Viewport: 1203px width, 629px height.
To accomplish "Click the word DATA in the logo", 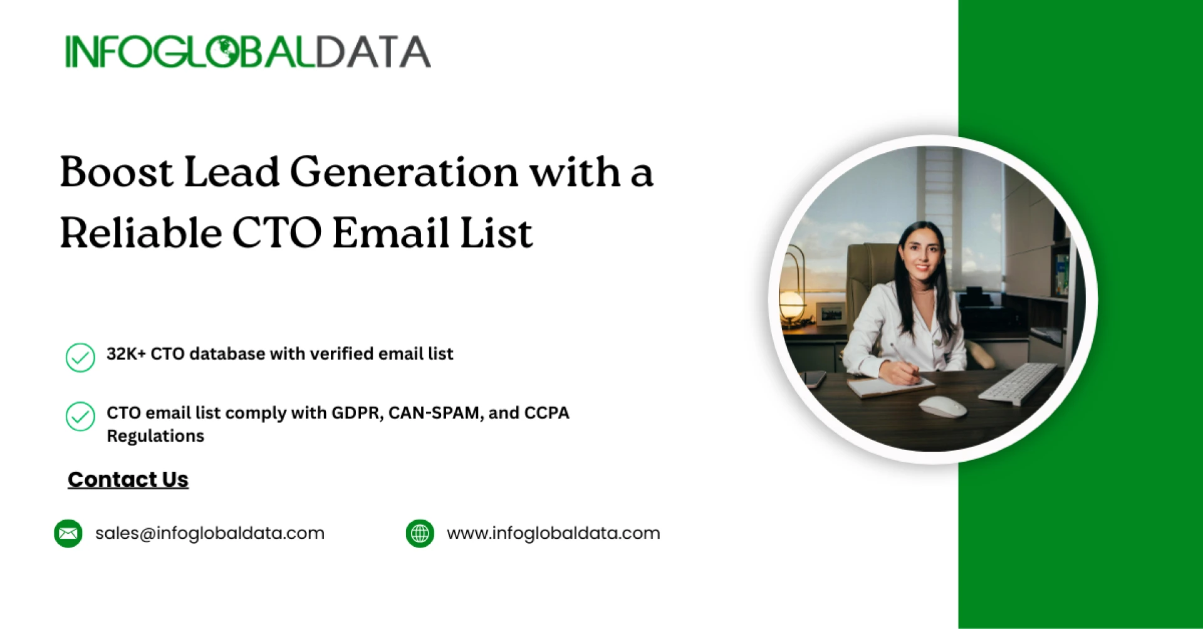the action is (373, 52).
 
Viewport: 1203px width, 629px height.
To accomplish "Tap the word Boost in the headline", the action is (116, 172).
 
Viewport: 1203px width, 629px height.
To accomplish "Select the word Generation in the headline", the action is (404, 172).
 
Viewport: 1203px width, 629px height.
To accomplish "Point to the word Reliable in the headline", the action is (140, 233).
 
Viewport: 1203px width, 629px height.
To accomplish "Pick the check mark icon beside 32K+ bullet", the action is (80, 357).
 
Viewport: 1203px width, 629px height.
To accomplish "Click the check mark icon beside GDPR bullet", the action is (80, 416).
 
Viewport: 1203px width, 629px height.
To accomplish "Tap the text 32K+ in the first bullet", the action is (126, 354).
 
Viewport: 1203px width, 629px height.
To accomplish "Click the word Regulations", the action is (155, 436).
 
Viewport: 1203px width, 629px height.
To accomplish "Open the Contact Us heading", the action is (128, 479).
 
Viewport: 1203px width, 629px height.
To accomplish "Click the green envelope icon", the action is (68, 533).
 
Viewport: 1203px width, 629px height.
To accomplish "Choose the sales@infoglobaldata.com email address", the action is (210, 533).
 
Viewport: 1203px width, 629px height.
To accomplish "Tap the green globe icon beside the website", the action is (420, 533).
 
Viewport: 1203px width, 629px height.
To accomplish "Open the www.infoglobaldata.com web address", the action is (553, 533).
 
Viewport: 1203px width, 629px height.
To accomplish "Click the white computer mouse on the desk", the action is (942, 405).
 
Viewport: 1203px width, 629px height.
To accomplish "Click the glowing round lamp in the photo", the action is (791, 304).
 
